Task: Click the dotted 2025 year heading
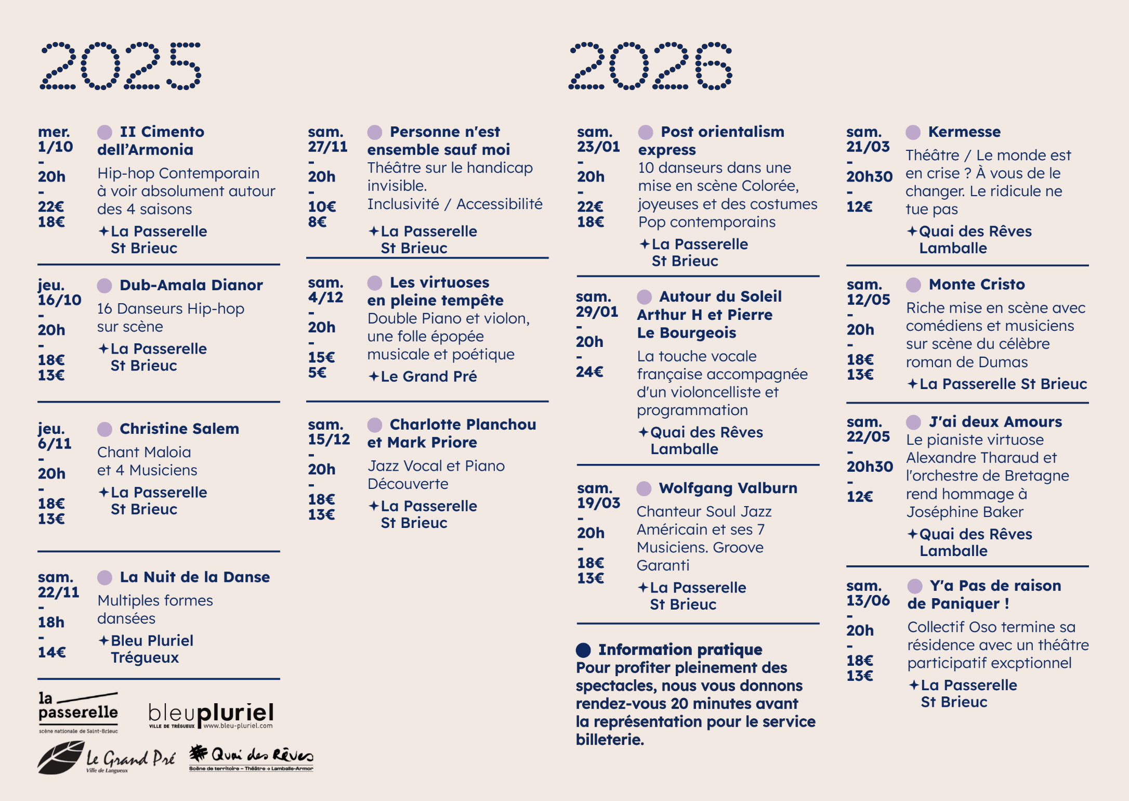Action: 121,66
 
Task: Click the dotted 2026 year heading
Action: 650,66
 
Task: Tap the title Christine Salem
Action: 179,429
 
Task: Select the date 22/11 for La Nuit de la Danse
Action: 58,592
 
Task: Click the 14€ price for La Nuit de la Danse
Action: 51,652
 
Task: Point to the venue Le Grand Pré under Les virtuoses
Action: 428,376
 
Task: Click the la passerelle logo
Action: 78,712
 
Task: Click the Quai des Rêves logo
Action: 252,757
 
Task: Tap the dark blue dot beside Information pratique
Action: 583,650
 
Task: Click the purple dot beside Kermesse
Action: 913,132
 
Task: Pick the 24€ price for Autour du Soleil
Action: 589,372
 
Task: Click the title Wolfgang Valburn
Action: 728,488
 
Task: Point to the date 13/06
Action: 868,600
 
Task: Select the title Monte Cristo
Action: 976,285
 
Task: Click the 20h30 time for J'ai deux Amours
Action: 870,467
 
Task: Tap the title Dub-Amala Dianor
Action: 191,285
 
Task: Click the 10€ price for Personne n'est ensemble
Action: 322,206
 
